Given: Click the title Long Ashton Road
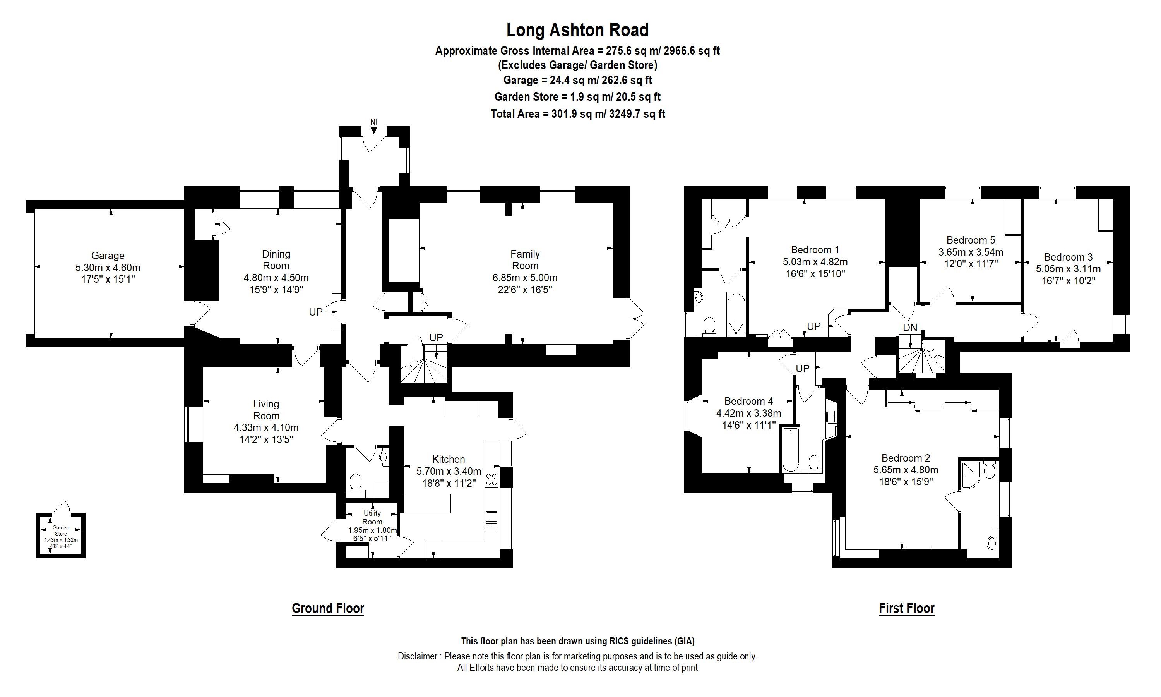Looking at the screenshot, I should pos(577,30).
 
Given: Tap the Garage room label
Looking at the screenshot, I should pos(108,256).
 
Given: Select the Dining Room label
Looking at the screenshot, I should pos(276,260).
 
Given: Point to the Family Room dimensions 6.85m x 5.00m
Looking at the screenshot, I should pos(525,278).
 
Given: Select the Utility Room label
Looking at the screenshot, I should pos(372,517).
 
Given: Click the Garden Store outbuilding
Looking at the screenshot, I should pos(60,535).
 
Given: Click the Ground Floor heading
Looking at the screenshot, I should pos(327,608).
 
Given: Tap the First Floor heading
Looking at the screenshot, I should pos(906,608).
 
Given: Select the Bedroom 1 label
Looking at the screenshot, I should pos(815,250).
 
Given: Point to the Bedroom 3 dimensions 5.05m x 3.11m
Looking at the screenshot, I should pos(1068,269).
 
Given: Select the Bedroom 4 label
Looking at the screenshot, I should pos(748,401).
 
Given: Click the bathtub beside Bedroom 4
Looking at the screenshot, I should pos(791,449).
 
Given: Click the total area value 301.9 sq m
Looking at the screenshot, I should pos(578,114).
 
